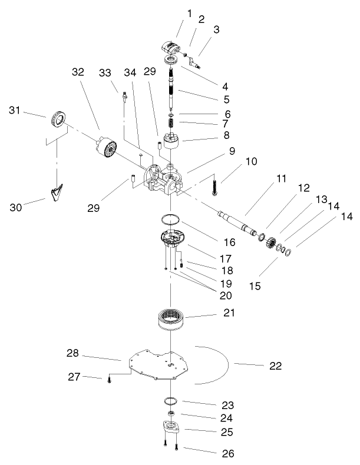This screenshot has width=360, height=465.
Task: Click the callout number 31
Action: tap(16, 110)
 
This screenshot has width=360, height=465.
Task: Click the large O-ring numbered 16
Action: tap(170, 220)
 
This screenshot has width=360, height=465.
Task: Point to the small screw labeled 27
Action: tap(110, 381)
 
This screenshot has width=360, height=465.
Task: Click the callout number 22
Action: tap(275, 366)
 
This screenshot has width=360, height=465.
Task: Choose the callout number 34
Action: tap(130, 72)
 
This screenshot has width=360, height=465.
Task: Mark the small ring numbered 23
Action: tap(171, 401)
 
